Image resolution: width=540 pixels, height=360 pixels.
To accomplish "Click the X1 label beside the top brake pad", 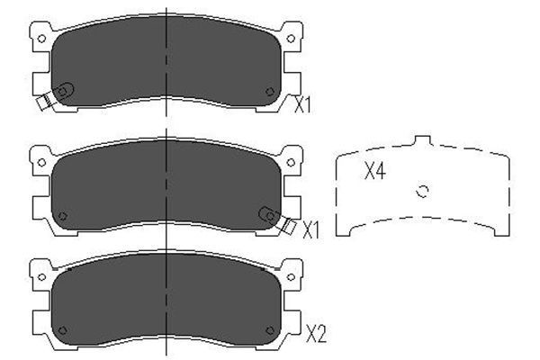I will coord(303,105).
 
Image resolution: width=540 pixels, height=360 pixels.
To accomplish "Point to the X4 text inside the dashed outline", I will coord(374,172).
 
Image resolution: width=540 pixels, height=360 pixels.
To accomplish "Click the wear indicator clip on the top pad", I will coord(56,96).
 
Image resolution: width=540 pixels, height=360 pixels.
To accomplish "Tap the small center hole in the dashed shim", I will coord(425,190).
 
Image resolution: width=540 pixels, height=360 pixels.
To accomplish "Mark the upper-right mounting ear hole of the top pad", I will coord(290,38).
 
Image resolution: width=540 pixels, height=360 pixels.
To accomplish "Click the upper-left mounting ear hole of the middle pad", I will coord(40,162).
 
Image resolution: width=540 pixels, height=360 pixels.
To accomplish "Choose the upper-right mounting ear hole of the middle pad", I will coord(290,162).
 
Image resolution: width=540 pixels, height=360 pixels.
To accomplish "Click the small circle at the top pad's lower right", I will coord(271,91).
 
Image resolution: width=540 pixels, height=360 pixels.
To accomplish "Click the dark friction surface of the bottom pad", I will coord(166,301).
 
